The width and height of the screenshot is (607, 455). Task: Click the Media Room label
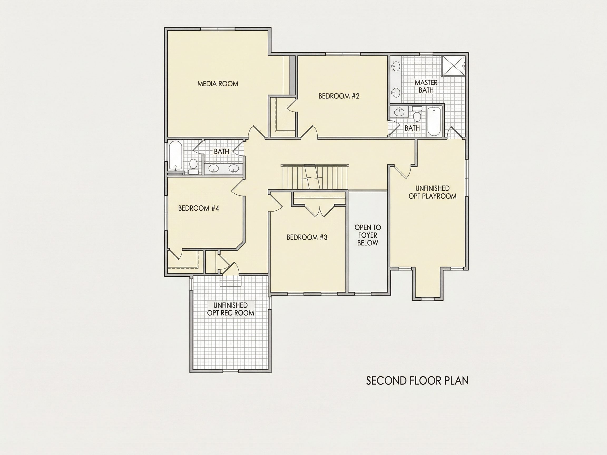(218, 84)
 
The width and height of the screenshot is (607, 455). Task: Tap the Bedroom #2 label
(339, 96)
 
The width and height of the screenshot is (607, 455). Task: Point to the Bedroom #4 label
(198, 208)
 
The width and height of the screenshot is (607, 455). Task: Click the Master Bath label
(426, 86)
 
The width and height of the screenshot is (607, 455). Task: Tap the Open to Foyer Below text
(368, 235)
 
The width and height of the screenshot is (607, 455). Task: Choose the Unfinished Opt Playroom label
(433, 192)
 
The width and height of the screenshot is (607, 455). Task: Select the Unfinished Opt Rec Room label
(231, 309)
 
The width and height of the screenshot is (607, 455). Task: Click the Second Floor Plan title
(417, 381)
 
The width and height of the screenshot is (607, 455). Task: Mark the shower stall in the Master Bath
(454, 66)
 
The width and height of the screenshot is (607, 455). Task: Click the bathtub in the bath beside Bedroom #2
(434, 121)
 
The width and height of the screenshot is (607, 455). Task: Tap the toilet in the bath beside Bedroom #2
(417, 114)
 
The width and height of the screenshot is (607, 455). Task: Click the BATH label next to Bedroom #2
(412, 128)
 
